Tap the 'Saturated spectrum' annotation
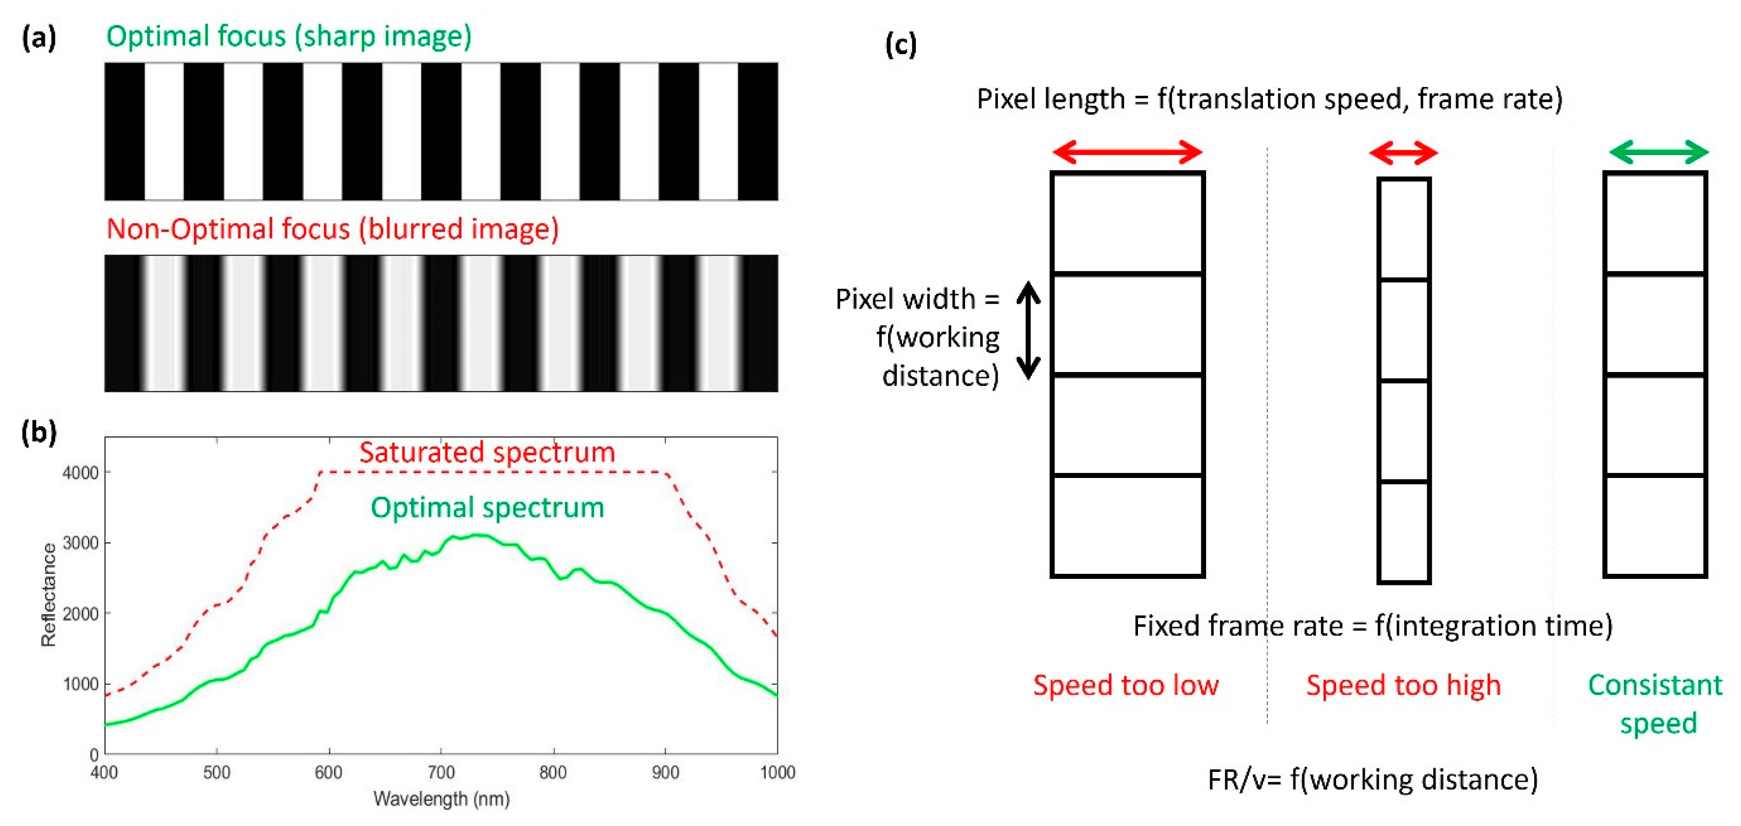pyautogui.click(x=486, y=452)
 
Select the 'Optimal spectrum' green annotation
pyautogui.click(x=486, y=508)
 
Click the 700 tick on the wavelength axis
pyautogui.click(x=441, y=772)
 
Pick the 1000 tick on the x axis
pyautogui.click(x=777, y=772)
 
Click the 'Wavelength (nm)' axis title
pyautogui.click(x=441, y=799)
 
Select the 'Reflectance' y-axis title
pyautogui.click(x=49, y=595)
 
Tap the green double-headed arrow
pyautogui.click(x=1659, y=152)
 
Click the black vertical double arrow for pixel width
pyautogui.click(x=1029, y=330)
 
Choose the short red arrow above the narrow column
pyautogui.click(x=1403, y=153)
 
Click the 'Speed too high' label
pyautogui.click(x=1403, y=685)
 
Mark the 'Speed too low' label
pyautogui.click(x=1126, y=685)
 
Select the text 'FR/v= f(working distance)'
pyautogui.click(x=1372, y=779)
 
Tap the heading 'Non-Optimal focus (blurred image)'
pyautogui.click(x=333, y=229)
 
